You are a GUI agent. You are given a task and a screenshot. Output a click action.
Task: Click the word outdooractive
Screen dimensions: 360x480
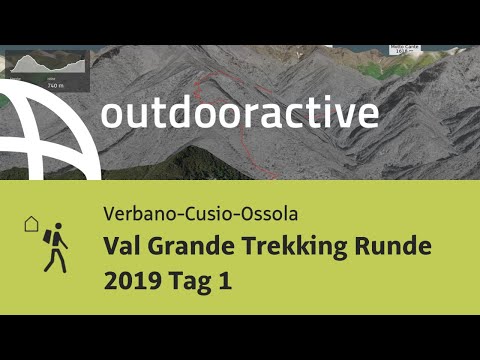pos(239,113)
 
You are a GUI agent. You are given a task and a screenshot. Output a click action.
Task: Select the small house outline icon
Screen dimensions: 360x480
pos(29,224)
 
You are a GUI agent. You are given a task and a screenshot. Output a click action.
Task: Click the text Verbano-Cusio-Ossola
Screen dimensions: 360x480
pos(198,213)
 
